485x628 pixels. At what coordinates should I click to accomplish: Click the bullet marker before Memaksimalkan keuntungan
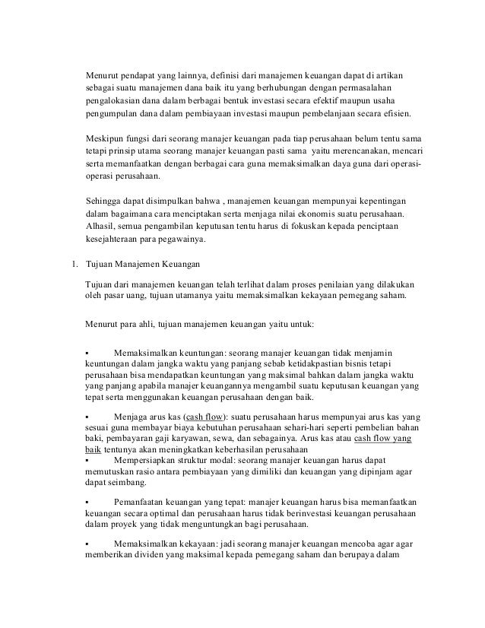[88, 352]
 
